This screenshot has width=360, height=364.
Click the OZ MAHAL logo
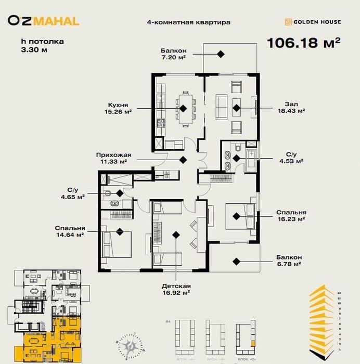pyautogui.click(x=44, y=21)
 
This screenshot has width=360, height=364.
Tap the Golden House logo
pyautogui.click(x=313, y=22)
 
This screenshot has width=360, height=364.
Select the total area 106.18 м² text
pyautogui.click(x=303, y=42)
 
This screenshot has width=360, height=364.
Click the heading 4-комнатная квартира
pyautogui.click(x=188, y=22)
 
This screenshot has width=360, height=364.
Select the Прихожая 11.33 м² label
pyautogui.click(x=113, y=158)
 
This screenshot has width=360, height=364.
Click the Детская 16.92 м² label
pyautogui.click(x=176, y=289)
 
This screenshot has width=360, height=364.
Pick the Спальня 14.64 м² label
pyautogui.click(x=70, y=231)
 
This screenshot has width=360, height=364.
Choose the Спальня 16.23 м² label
pyautogui.click(x=290, y=216)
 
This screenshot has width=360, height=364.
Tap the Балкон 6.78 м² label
pyautogui.click(x=289, y=261)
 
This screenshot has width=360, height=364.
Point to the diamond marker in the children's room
pyautogui.click(x=176, y=235)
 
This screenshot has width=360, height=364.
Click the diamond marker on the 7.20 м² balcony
pyautogui.click(x=221, y=54)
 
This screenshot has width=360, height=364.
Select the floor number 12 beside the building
pyautogui.click(x=340, y=293)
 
